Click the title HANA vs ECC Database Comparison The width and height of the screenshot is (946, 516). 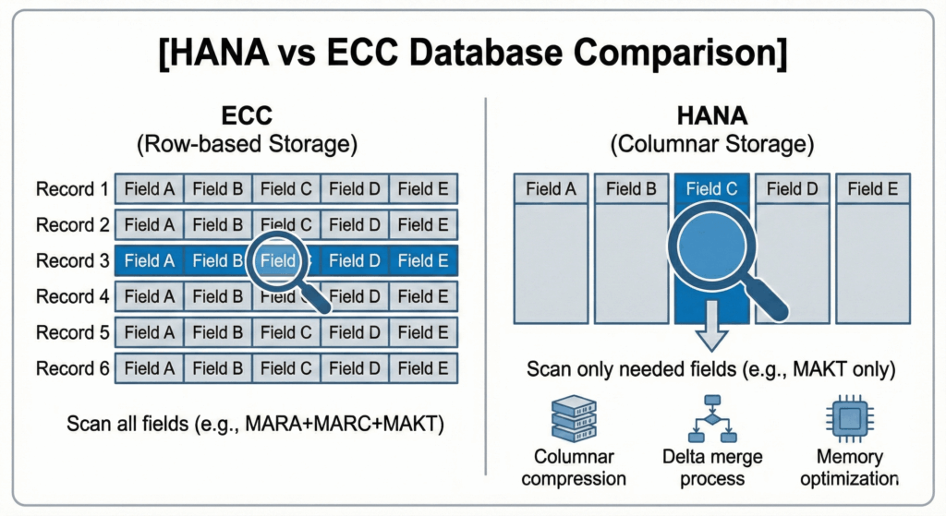(x=472, y=53)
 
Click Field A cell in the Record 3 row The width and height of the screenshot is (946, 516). (x=149, y=261)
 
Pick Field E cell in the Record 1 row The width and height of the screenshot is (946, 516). (x=422, y=189)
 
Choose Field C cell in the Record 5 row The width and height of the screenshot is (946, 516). (x=285, y=332)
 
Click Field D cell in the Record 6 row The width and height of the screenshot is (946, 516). (x=354, y=368)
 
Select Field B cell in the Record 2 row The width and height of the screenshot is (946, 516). (x=217, y=224)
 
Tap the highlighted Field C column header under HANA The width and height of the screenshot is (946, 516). (x=710, y=189)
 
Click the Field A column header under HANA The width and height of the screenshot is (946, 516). (x=551, y=189)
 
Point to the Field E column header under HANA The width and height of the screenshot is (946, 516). (x=872, y=189)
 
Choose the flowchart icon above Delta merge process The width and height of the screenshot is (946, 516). (x=711, y=420)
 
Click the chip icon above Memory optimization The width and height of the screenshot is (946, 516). (x=849, y=421)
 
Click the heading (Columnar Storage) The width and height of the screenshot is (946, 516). (x=711, y=145)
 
